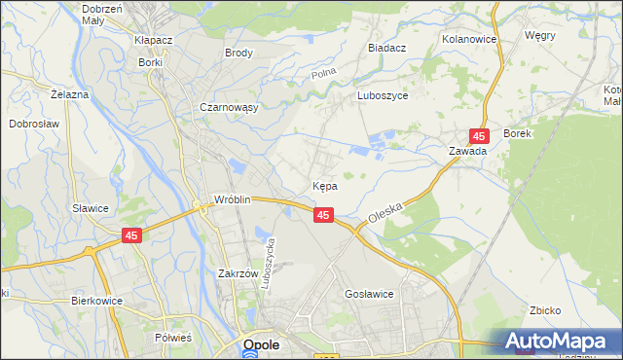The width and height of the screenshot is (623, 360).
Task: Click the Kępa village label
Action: pos(325,185)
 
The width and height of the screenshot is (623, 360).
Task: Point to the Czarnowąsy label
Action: pos(228,108)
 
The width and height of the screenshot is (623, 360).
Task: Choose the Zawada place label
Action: pos(467,151)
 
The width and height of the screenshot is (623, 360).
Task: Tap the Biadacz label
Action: pos(386,47)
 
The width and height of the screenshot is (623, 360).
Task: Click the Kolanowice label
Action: pos(469,39)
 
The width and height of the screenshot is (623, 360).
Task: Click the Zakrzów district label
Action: pos(237,273)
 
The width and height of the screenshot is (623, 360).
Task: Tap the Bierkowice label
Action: pos(96,301)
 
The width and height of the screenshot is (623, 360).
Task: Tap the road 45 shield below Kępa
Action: pos(325,214)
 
